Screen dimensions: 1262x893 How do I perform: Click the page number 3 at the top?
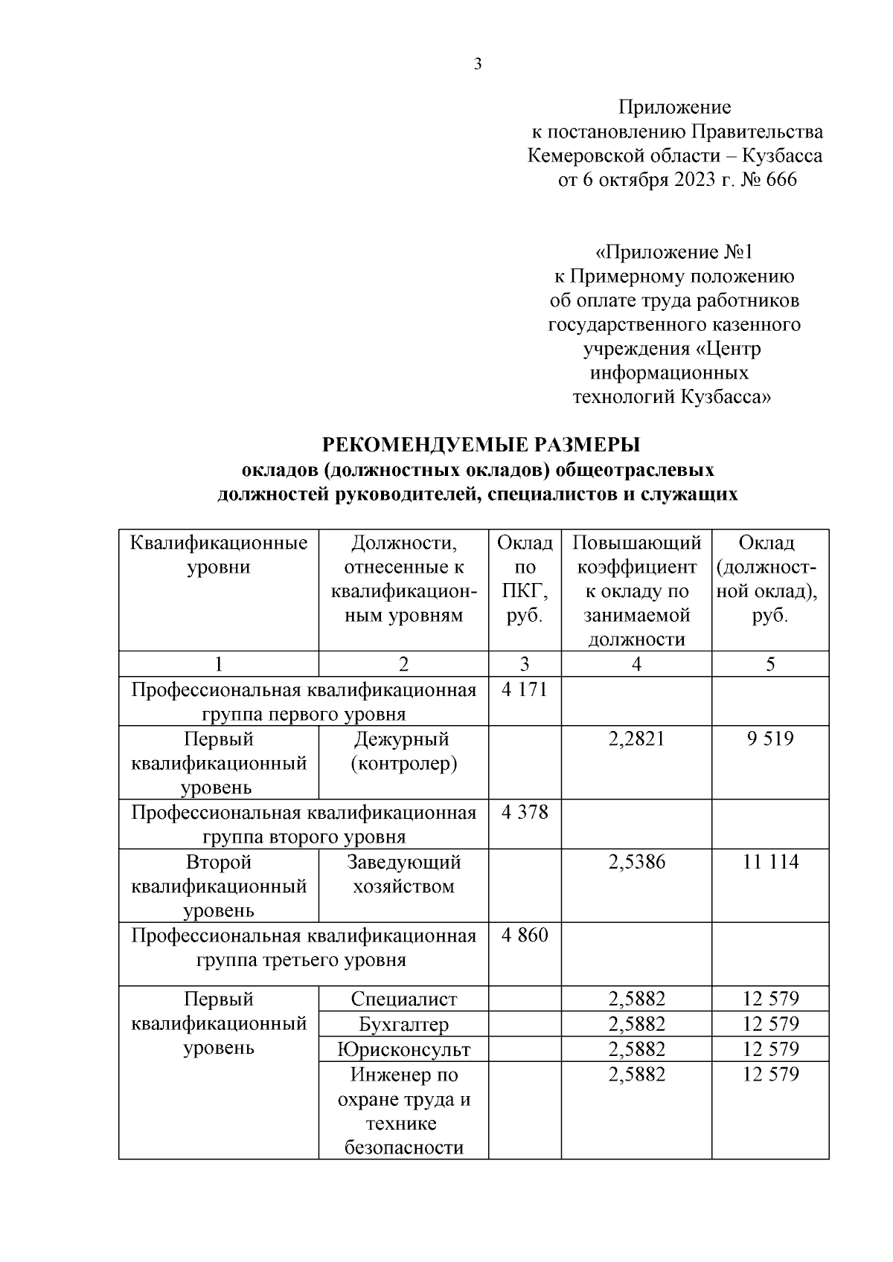[478, 64]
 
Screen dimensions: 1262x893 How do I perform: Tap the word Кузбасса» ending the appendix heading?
[725, 397]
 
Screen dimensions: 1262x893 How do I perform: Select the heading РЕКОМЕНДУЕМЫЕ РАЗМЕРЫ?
[481, 445]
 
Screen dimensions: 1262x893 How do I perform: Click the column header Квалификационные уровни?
[219, 556]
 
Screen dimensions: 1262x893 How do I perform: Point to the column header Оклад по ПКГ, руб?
[525, 579]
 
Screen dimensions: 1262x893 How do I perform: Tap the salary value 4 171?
[525, 690]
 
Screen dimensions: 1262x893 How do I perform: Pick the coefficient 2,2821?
[636, 739]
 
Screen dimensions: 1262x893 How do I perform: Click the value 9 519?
[770, 739]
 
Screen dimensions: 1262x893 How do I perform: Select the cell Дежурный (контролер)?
[403, 751]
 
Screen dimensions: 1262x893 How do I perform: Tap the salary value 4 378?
[525, 813]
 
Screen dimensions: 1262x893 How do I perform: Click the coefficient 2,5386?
[636, 863]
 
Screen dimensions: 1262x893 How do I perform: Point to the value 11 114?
[770, 863]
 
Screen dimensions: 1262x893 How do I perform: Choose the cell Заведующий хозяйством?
[403, 875]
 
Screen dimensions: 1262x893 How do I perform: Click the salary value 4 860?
[525, 936]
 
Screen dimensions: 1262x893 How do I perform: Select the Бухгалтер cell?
[403, 1025]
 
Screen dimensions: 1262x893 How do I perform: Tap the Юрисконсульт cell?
[403, 1050]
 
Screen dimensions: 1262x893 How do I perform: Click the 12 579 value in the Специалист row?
[770, 999]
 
